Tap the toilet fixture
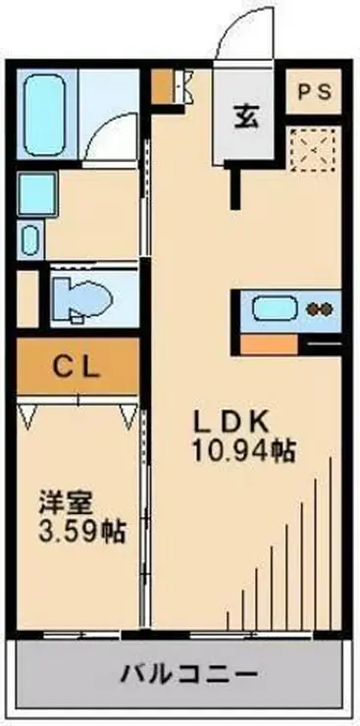coord(84,293)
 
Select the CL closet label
coord(77,369)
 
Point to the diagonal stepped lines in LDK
coord(294,549)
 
